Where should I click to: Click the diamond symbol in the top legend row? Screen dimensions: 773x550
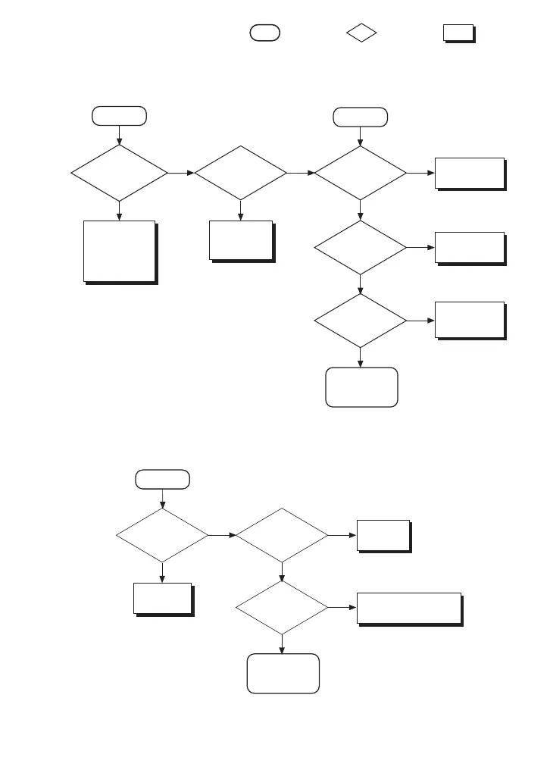(x=362, y=33)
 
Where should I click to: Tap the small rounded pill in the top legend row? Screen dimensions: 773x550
(x=264, y=32)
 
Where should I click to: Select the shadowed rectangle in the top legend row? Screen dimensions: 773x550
(x=458, y=33)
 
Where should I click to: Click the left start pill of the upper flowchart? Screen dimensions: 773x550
(x=119, y=116)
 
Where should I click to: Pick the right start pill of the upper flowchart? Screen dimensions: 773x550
(x=360, y=117)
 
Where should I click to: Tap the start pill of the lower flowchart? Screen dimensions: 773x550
(x=162, y=479)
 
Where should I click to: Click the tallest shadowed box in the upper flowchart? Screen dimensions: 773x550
(x=120, y=251)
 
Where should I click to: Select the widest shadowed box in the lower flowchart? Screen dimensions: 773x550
(x=409, y=607)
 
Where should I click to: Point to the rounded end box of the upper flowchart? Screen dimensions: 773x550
(x=361, y=387)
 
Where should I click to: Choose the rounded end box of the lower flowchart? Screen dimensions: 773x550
(x=283, y=673)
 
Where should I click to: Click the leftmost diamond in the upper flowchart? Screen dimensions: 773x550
(x=119, y=174)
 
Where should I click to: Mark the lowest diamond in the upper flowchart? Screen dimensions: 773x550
(x=360, y=320)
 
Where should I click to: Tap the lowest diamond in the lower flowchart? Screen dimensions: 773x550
(x=282, y=608)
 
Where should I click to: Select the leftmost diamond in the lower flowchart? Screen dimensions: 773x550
(x=162, y=535)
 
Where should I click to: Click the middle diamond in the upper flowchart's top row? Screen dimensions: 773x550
(x=240, y=174)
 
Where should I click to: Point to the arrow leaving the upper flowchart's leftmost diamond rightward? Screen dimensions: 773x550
(x=181, y=174)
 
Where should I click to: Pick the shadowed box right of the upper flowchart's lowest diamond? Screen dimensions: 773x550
(x=470, y=319)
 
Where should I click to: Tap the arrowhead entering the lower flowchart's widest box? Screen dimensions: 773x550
(x=352, y=608)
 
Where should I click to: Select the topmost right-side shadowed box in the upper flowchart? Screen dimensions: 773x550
(x=470, y=173)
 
